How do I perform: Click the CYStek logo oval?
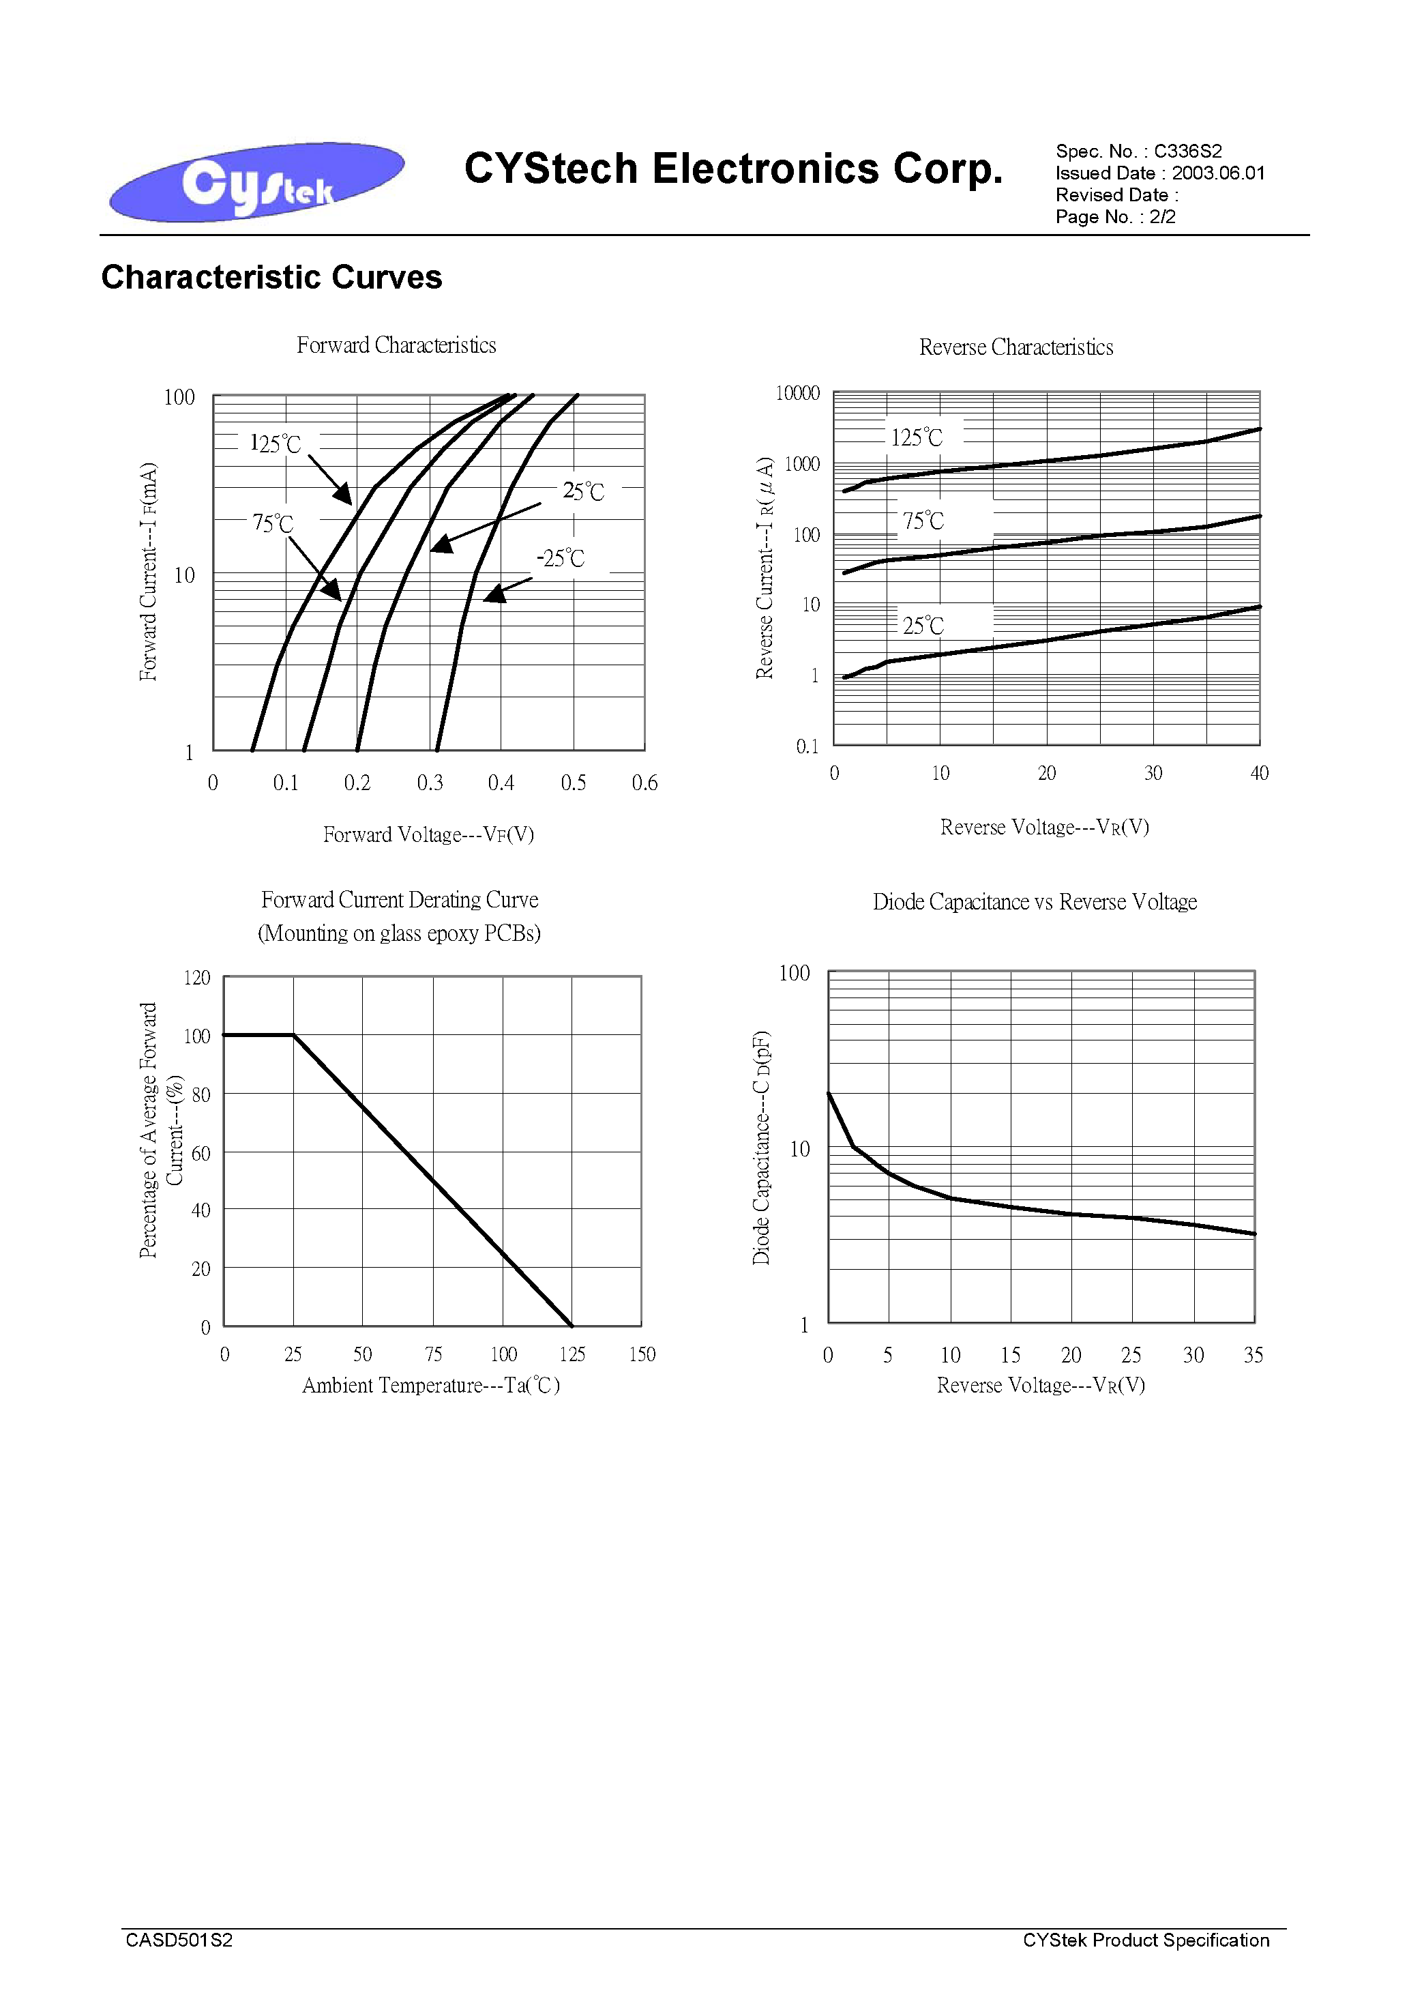coord(256,181)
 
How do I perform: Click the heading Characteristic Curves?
coord(272,277)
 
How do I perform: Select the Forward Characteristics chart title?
coord(396,345)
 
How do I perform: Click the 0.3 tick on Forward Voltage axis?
coord(429,783)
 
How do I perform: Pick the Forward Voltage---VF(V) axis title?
coord(428,834)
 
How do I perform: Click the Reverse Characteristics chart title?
coord(1016,347)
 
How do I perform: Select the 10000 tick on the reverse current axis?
coord(797,394)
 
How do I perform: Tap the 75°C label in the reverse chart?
coord(923,521)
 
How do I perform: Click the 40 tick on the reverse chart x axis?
coord(1259,773)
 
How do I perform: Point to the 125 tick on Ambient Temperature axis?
coord(572,1354)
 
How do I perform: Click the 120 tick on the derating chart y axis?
coord(197,978)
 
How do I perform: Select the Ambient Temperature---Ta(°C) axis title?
coord(431,1385)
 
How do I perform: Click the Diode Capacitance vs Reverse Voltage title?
coord(1035,902)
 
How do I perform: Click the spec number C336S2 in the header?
coord(1187,151)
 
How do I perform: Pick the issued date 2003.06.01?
coord(1218,173)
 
